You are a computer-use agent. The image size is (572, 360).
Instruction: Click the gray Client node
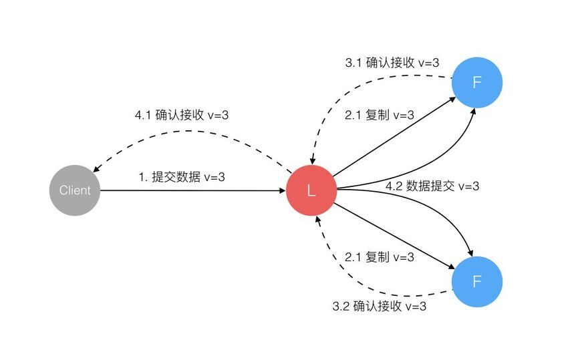click(x=75, y=190)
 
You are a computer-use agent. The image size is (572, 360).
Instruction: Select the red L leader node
click(x=311, y=190)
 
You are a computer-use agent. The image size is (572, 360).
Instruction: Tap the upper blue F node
click(x=477, y=82)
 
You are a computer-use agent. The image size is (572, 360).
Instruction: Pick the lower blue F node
click(x=477, y=282)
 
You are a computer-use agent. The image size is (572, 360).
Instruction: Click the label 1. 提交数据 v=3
click(x=182, y=177)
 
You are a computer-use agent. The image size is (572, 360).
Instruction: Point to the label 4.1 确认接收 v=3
click(x=182, y=115)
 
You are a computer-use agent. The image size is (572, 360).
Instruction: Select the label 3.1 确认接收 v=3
click(x=392, y=63)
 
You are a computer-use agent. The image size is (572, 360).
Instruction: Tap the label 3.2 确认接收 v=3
click(x=380, y=306)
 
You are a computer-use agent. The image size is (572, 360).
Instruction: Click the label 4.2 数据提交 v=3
click(x=432, y=186)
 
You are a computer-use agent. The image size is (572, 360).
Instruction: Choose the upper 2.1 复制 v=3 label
click(x=380, y=115)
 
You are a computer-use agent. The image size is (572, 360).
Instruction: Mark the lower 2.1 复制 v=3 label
click(x=380, y=257)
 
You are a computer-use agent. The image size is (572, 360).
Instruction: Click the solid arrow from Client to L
click(x=192, y=190)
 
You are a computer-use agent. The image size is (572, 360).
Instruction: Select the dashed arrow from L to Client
click(x=190, y=131)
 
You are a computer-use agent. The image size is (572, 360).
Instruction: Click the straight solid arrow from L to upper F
click(x=394, y=136)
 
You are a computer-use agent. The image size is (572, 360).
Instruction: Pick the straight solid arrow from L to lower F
click(x=395, y=236)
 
